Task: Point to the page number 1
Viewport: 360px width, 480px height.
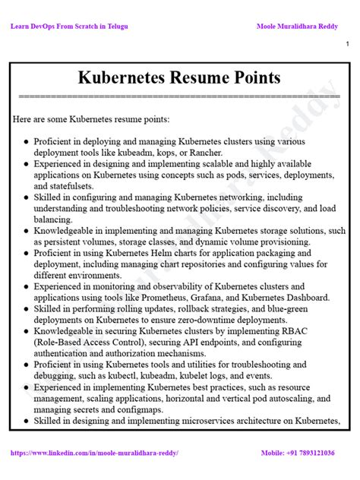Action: tap(347, 46)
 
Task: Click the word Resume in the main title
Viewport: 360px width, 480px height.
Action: tap(198, 77)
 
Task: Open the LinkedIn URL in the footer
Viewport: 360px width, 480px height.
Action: tap(94, 453)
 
